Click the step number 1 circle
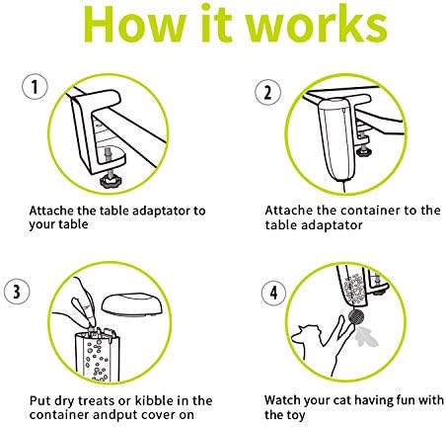point(35,87)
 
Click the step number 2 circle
point(268,92)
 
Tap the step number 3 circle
point(17,292)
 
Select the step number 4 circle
point(274,293)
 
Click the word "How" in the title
point(135,24)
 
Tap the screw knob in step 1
point(110,181)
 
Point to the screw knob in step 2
point(363,152)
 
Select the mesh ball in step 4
point(356,316)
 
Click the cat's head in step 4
point(306,333)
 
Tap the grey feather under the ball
point(365,336)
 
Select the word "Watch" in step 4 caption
point(282,400)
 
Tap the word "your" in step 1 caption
point(39,225)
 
